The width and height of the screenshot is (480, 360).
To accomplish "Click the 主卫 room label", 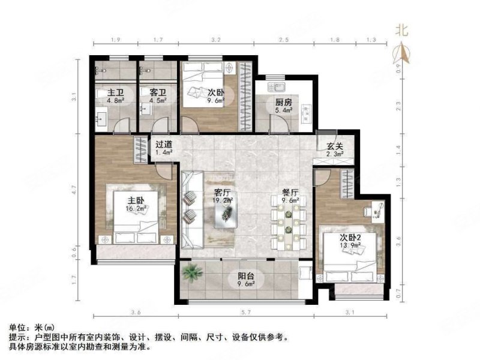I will [x=116, y=93].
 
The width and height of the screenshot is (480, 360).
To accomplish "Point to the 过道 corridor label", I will [x=164, y=145].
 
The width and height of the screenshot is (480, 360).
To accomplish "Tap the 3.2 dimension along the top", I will [x=216, y=40].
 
